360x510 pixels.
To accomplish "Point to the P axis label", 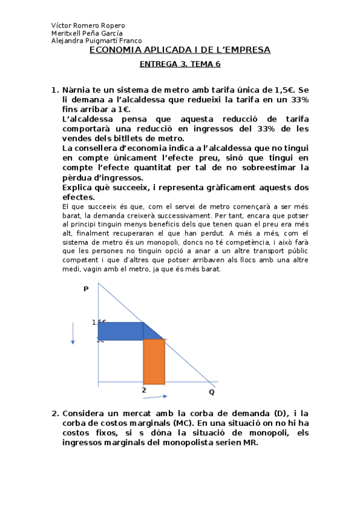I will (86, 289).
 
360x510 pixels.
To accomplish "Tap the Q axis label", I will (212, 392).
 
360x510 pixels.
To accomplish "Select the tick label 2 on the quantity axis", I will (144, 390).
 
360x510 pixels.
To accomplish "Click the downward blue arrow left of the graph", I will (73, 334).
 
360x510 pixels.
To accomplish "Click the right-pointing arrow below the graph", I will (156, 396).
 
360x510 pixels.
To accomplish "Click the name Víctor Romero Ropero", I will (88, 26).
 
